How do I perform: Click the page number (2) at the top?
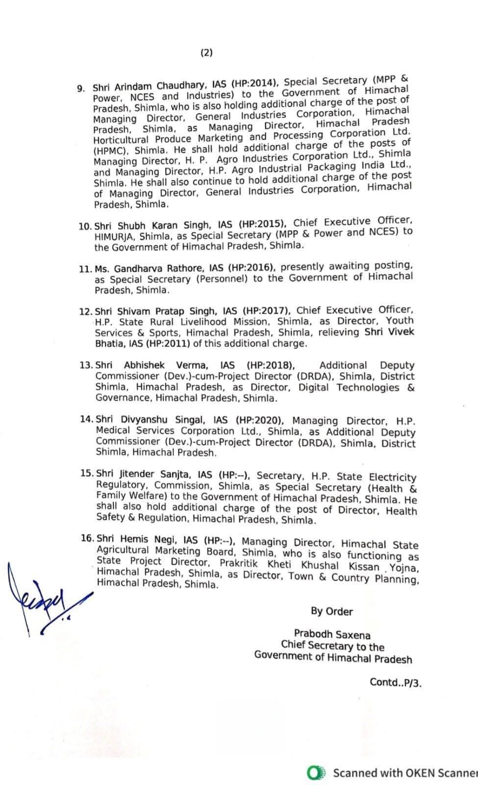pyautogui.click(x=206, y=53)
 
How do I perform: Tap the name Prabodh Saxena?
pyautogui.click(x=332, y=634)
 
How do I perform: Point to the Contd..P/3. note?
pyautogui.click(x=395, y=682)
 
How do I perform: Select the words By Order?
pyautogui.click(x=331, y=611)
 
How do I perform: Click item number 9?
pyautogui.click(x=81, y=89)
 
